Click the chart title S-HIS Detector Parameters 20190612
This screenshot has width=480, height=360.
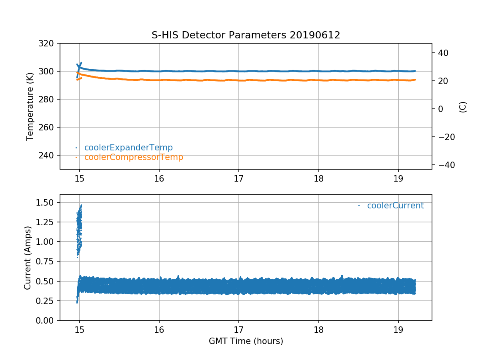pyautogui.click(x=246, y=35)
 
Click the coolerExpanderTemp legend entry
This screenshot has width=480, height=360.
pyautogui.click(x=128, y=148)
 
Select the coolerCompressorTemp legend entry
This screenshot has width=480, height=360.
pyautogui.click(x=134, y=157)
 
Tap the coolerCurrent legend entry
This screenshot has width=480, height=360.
pyautogui.click(x=395, y=206)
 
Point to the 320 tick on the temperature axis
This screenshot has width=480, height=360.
pyautogui.click(x=49, y=43)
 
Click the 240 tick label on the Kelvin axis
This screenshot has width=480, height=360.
pyautogui.click(x=49, y=155)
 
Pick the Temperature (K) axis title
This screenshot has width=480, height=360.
pyautogui.click(x=30, y=106)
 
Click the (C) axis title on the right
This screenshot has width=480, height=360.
pyautogui.click(x=463, y=107)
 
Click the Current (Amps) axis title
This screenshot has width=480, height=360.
pyautogui.click(x=28, y=258)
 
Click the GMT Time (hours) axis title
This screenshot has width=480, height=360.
pyautogui.click(x=246, y=341)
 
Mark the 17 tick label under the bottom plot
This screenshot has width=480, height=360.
pyautogui.click(x=239, y=329)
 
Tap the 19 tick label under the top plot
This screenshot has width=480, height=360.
pyautogui.click(x=398, y=177)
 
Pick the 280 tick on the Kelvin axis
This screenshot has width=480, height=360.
pyautogui.click(x=49, y=99)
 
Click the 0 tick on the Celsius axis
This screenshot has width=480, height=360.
pyautogui.click(x=437, y=109)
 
